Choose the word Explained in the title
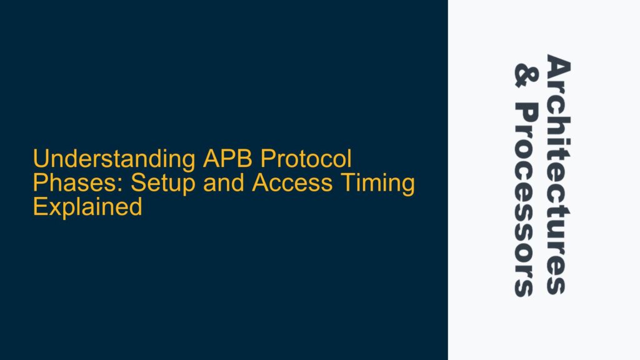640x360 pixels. [x=87, y=207]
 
